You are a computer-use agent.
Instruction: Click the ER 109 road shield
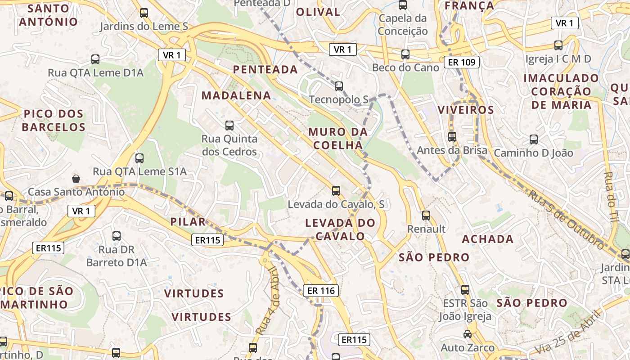462,62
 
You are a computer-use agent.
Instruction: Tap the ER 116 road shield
321,291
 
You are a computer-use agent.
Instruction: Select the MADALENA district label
236,95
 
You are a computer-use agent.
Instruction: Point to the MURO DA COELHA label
338,139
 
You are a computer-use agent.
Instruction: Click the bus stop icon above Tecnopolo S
339,86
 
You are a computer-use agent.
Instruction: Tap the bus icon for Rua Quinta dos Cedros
229,126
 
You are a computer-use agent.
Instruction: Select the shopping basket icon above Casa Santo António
76,179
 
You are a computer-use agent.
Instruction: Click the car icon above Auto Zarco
468,334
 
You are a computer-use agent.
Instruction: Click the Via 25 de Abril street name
568,333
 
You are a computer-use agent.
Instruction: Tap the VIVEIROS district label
466,110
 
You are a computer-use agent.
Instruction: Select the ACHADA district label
488,239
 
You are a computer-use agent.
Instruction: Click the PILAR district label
188,221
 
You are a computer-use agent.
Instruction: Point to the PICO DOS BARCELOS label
53,120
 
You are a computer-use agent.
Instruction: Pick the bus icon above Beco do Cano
405,54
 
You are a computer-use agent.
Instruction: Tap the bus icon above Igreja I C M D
558,45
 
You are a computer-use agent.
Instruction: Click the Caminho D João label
534,153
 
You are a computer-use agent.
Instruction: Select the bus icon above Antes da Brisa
452,137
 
